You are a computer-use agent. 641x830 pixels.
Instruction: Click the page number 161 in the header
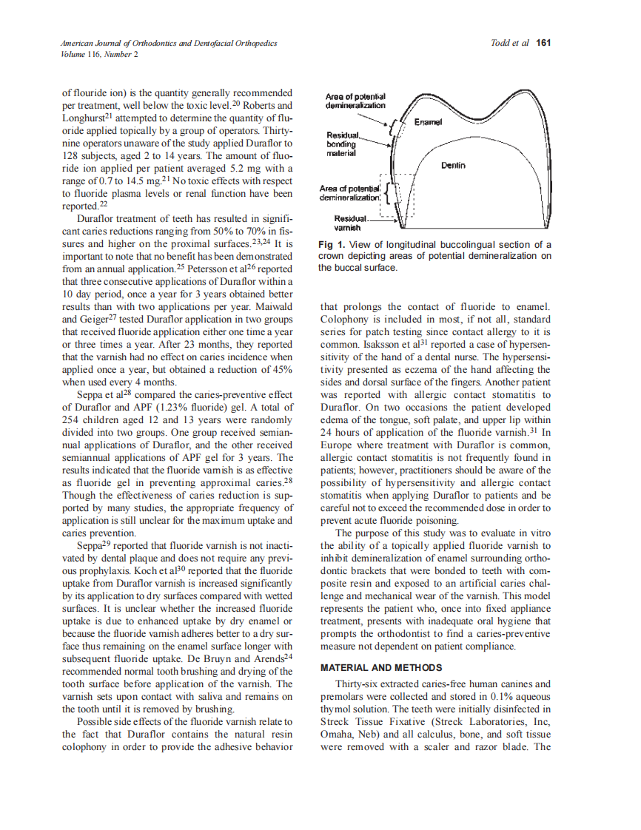point(543,44)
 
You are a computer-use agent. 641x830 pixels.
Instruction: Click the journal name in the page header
point(170,44)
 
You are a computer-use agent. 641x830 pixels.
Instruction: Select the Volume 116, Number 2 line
point(99,55)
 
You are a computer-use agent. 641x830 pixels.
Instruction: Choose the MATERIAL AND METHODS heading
point(378,668)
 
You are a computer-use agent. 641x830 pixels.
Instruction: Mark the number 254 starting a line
point(72,419)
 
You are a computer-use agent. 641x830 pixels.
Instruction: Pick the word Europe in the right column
point(338,445)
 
